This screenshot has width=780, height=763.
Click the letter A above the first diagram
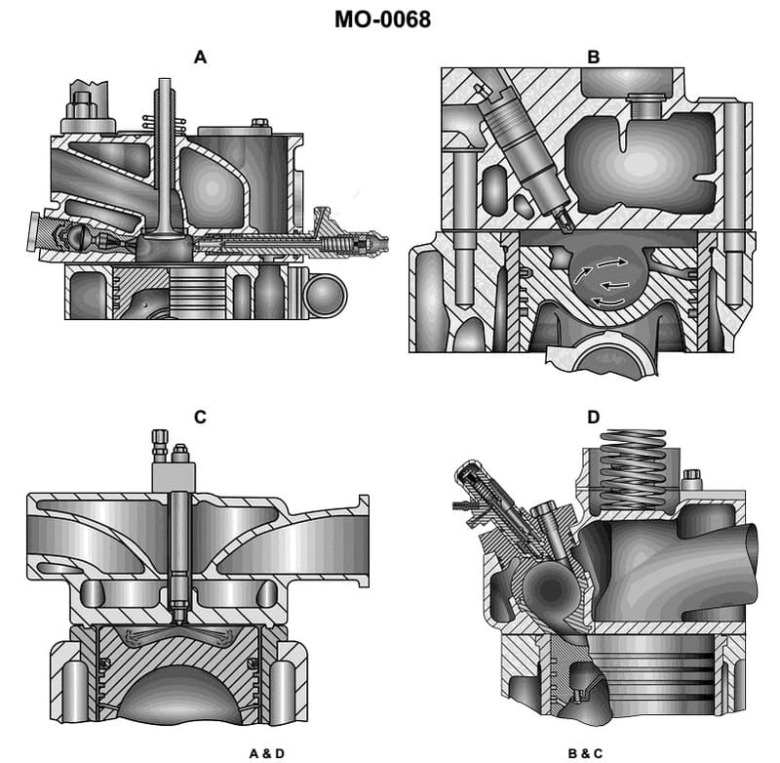(200, 58)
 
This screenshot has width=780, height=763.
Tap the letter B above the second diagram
(593, 58)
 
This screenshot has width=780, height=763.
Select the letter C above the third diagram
(200, 418)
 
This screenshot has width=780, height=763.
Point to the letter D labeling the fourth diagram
(593, 418)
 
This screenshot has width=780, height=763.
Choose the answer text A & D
(266, 752)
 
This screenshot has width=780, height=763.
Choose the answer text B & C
(586, 752)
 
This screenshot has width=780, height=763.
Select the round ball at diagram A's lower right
(325, 294)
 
